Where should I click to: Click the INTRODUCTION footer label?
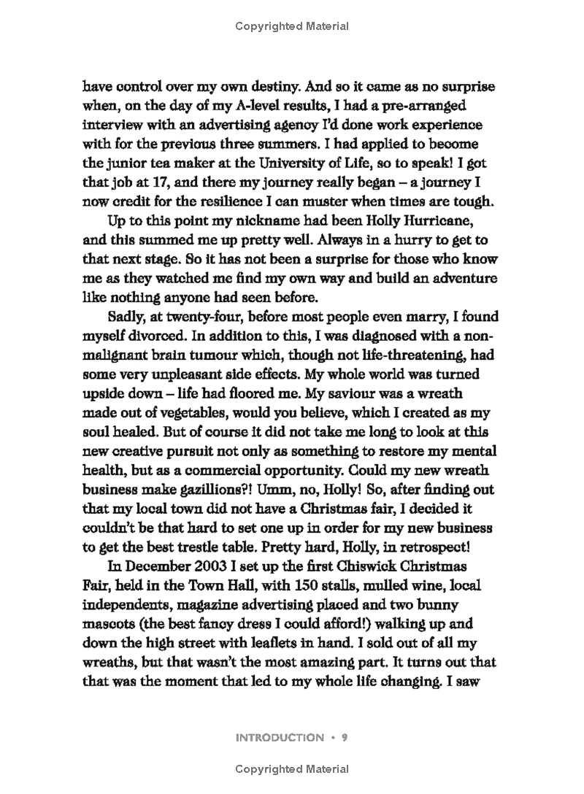280,738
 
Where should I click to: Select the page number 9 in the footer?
344,738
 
